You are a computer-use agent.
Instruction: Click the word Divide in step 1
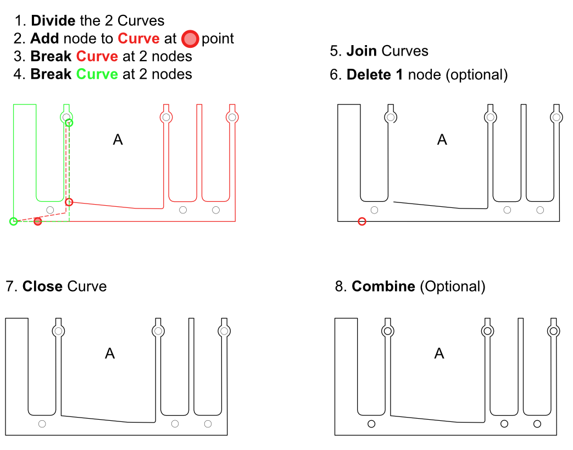click(x=53, y=21)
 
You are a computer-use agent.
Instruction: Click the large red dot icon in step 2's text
click(x=190, y=39)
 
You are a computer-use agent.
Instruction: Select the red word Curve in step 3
click(x=97, y=56)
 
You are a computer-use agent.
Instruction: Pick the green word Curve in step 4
click(x=97, y=74)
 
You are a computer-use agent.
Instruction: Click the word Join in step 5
click(x=361, y=51)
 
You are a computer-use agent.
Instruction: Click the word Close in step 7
click(x=43, y=286)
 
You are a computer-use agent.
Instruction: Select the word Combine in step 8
click(x=383, y=286)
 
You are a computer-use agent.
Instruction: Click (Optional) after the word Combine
click(x=452, y=286)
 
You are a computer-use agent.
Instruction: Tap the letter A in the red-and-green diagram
click(x=118, y=140)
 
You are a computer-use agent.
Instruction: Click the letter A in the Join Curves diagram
click(x=442, y=140)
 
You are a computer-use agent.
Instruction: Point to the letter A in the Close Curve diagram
click(x=110, y=353)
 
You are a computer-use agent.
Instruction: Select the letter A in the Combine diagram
click(x=439, y=353)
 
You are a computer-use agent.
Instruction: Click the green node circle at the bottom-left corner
click(x=14, y=222)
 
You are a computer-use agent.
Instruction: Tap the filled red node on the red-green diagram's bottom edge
click(x=38, y=222)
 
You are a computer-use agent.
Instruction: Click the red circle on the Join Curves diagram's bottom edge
click(x=361, y=222)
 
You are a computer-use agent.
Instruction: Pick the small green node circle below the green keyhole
click(x=69, y=123)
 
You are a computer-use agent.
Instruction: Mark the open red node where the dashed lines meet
click(x=69, y=202)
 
